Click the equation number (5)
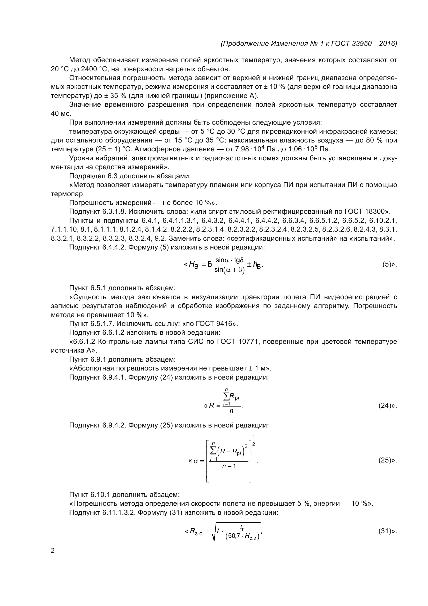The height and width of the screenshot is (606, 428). [387, 265]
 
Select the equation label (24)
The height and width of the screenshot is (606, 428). [385, 406]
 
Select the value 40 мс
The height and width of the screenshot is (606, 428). [61, 113]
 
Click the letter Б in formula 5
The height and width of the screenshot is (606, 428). [210, 264]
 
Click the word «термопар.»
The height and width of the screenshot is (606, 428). [68, 194]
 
